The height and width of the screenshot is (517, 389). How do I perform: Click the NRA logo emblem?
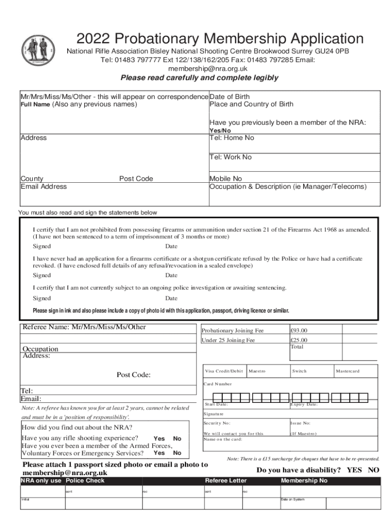(x=41, y=52)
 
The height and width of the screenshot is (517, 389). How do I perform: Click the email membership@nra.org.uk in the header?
(x=208, y=69)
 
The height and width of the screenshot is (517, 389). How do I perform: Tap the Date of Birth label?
(x=229, y=96)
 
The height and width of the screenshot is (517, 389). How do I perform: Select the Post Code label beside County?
(x=136, y=179)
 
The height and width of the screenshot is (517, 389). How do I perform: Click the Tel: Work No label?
(x=230, y=157)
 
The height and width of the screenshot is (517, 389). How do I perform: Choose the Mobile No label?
(x=226, y=179)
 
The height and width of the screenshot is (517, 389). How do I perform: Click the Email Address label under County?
(x=43, y=186)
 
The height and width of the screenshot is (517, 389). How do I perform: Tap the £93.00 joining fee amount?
(x=299, y=331)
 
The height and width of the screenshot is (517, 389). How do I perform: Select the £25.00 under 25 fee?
(x=299, y=340)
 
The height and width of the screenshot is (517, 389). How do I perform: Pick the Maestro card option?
(x=257, y=372)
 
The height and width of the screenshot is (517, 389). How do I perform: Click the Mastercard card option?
(x=348, y=372)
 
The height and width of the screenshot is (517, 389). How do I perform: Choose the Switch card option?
(x=299, y=372)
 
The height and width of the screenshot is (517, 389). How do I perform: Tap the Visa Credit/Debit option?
(x=224, y=372)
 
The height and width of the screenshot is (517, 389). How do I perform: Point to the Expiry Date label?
(x=304, y=404)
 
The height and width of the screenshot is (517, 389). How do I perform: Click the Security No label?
(x=217, y=423)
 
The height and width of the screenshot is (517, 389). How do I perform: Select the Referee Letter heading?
(x=226, y=481)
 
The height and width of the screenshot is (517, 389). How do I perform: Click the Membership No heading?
(x=304, y=481)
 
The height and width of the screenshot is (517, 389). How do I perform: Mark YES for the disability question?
(x=354, y=470)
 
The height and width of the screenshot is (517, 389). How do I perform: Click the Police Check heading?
(x=85, y=481)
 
